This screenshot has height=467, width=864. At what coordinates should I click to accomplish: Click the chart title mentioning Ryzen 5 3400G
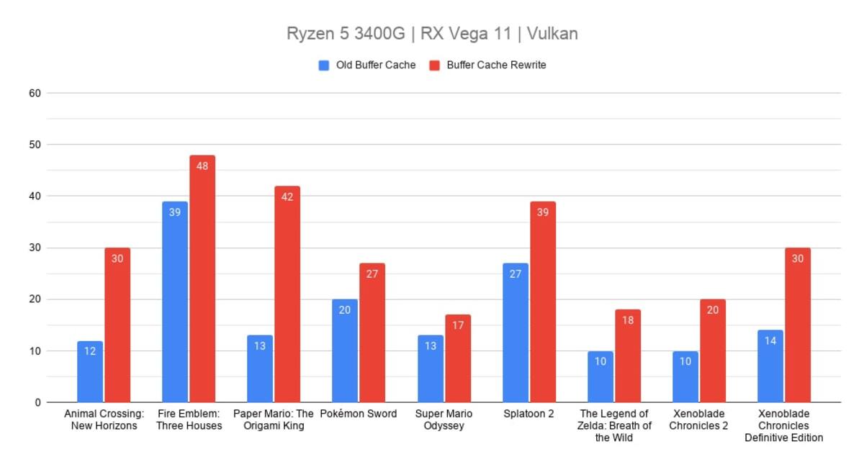(432, 34)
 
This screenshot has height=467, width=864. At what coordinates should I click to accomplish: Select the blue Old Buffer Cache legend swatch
(324, 65)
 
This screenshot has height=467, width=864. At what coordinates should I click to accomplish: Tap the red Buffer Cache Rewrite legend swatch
(435, 65)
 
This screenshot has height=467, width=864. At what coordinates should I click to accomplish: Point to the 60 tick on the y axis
(35, 93)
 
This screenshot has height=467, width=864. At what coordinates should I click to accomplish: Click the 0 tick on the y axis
(37, 403)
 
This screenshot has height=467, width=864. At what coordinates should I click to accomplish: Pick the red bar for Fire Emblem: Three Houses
(202, 278)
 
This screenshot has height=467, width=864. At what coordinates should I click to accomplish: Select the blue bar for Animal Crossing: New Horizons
(90, 372)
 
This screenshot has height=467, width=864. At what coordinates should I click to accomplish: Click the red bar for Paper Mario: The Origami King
(287, 294)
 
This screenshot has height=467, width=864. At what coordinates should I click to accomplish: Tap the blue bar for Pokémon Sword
(345, 351)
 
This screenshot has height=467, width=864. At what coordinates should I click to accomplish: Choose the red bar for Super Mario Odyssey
(458, 358)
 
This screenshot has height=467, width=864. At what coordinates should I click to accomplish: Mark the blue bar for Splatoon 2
(516, 332)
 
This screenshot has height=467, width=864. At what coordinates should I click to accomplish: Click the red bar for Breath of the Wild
(628, 356)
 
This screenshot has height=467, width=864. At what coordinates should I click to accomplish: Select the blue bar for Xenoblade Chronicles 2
(685, 377)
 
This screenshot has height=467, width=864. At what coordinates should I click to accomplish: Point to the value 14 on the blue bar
(770, 341)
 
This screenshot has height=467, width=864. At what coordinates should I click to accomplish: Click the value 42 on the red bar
(287, 197)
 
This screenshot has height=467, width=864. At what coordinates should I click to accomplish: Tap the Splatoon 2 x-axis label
(528, 414)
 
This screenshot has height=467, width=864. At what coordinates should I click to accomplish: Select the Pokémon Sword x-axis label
(359, 414)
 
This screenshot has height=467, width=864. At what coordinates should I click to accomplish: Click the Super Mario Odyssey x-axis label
(444, 420)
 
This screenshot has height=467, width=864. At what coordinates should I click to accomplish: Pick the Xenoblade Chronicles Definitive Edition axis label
(784, 426)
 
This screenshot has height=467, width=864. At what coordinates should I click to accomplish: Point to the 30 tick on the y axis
(35, 248)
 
